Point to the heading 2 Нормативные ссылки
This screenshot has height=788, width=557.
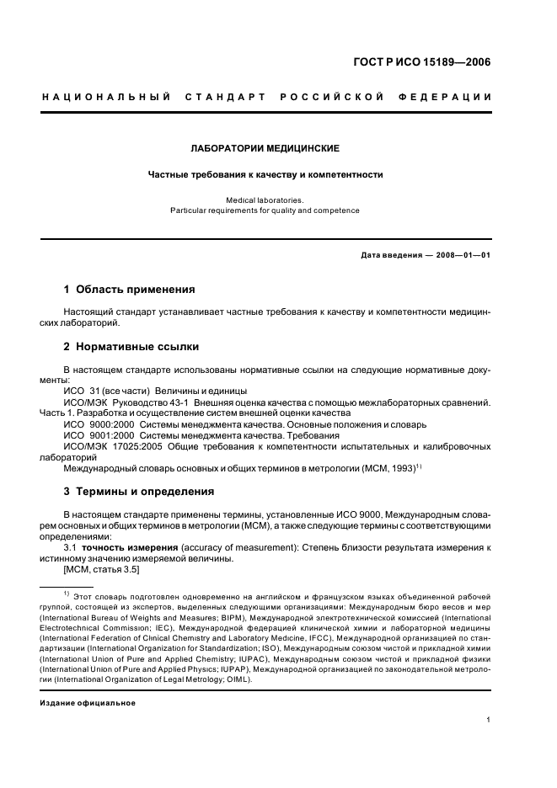point(131,346)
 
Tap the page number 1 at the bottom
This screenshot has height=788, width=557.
point(489,720)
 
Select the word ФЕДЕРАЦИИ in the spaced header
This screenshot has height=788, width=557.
point(451,98)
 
